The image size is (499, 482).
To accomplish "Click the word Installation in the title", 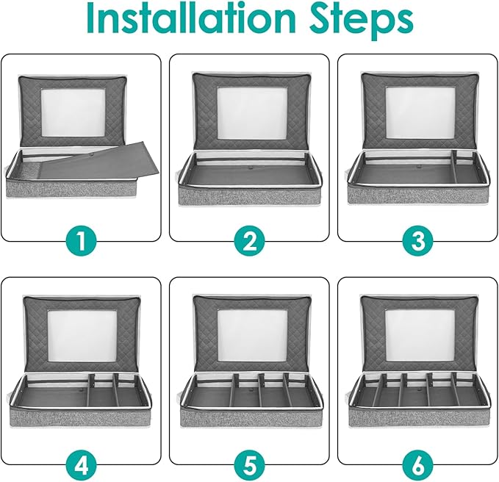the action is click(191, 19).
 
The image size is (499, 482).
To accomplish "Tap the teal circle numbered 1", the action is click(81, 242).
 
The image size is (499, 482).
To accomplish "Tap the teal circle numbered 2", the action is click(249, 242).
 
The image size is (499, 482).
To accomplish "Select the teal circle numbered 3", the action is click(417, 242).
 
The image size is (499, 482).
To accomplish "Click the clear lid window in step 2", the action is click(252, 112).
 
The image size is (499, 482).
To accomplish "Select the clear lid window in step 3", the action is click(420, 112).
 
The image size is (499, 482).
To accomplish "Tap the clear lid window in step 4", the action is click(82, 336).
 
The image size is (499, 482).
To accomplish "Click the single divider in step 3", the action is click(454, 166).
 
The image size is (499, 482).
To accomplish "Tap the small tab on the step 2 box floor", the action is click(251, 166).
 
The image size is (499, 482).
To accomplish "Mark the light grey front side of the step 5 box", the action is click(251, 417).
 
